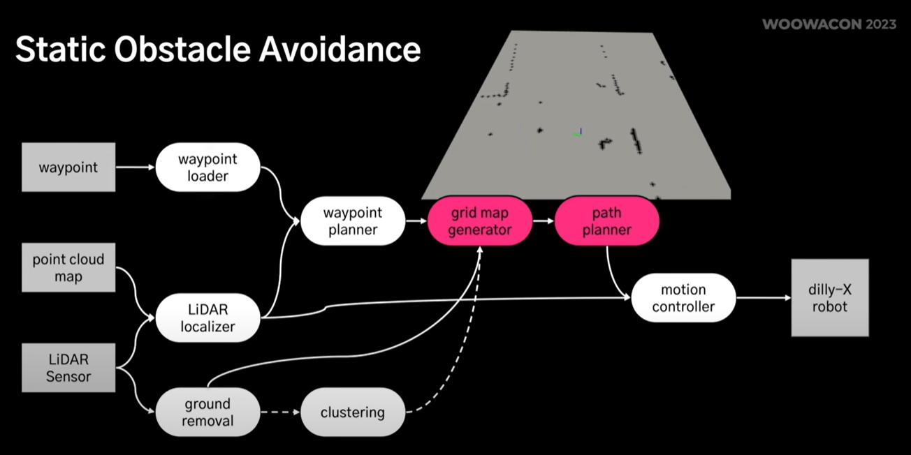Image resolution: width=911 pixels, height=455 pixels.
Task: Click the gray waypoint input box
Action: click(x=68, y=167)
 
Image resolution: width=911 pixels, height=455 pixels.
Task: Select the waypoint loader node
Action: click(x=207, y=167)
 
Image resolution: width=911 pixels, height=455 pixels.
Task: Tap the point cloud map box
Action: click(x=68, y=268)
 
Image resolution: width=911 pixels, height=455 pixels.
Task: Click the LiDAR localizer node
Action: click(x=207, y=318)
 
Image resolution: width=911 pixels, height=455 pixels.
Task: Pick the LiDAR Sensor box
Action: click(x=68, y=368)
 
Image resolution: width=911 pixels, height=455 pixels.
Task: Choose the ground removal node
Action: click(x=207, y=412)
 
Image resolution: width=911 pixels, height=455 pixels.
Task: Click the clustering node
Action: click(x=352, y=412)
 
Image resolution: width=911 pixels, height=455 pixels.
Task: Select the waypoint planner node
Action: click(x=353, y=221)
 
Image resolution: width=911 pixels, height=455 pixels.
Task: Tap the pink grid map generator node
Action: click(x=480, y=221)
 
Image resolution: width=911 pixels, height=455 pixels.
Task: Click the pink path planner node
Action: click(x=606, y=221)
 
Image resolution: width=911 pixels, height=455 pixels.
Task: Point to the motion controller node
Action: click(x=683, y=298)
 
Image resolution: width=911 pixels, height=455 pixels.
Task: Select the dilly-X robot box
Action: click(x=829, y=298)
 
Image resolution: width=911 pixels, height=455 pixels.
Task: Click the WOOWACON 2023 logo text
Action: click(x=829, y=24)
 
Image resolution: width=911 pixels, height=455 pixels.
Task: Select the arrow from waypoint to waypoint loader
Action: click(x=135, y=167)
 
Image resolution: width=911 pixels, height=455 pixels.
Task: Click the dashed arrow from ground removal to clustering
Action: click(x=279, y=412)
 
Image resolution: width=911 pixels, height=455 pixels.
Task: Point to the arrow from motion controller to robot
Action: click(x=763, y=298)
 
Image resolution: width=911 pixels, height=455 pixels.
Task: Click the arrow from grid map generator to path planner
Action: click(x=544, y=221)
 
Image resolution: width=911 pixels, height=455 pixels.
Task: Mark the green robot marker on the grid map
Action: click(x=578, y=133)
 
